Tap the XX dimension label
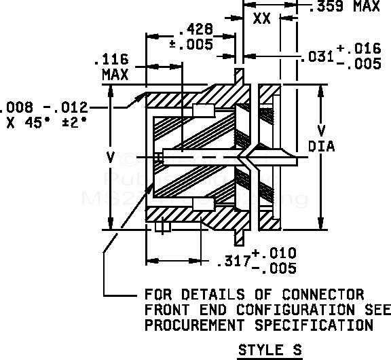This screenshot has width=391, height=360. click(x=261, y=19)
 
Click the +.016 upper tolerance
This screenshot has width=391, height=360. click(x=354, y=48)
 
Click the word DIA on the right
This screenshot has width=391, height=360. click(x=322, y=145)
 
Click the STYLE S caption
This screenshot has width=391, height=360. click(x=269, y=350)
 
